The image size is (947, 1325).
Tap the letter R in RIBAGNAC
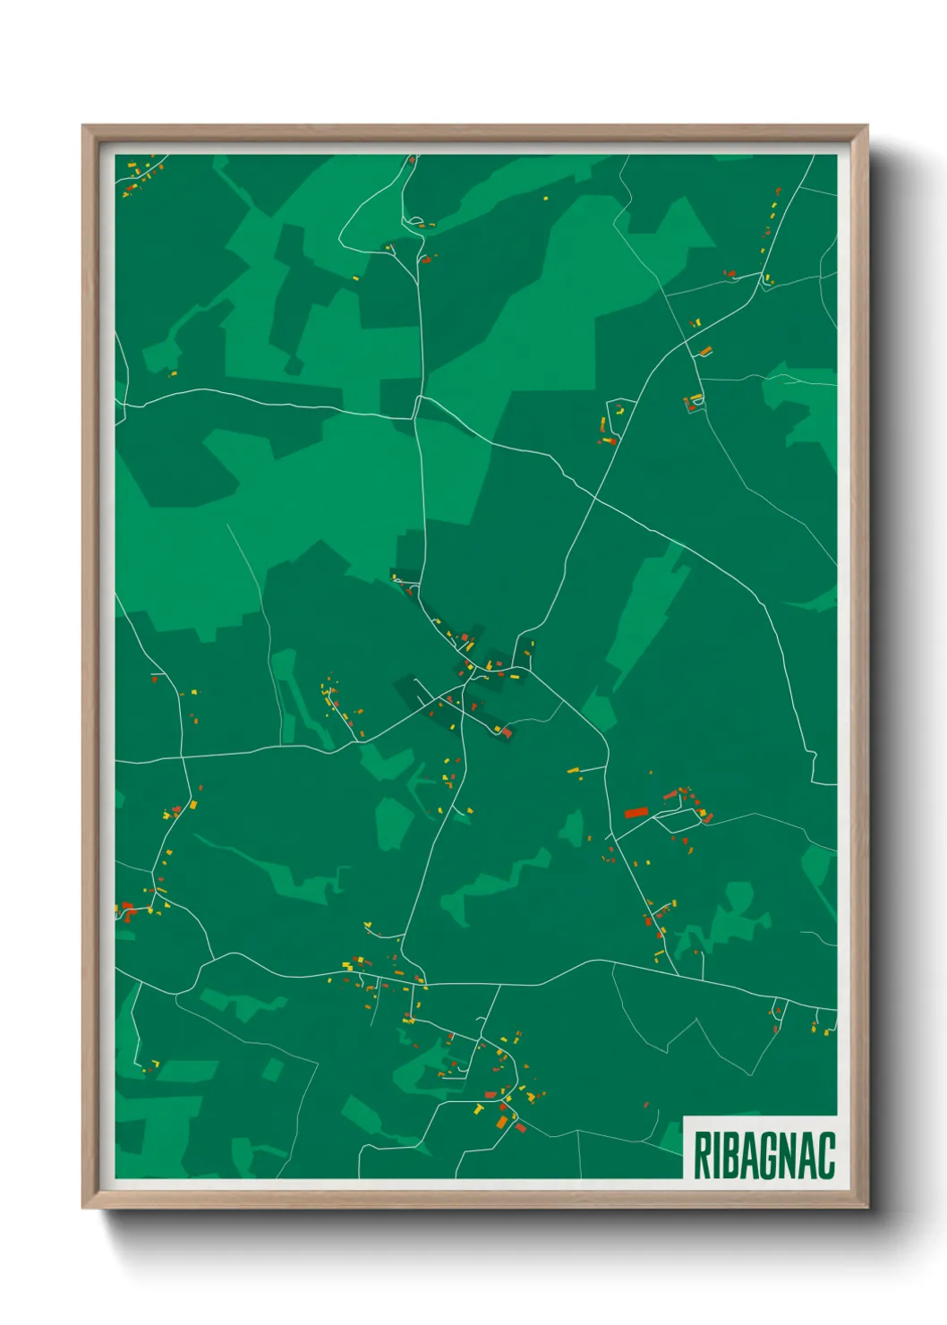702,1156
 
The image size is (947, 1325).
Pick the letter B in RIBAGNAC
734,1156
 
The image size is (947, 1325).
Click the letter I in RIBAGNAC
717,1156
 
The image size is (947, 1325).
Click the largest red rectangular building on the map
636,812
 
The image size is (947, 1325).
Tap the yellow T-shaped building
478,1109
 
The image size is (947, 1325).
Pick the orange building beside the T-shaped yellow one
502,1120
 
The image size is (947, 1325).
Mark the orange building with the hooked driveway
705,350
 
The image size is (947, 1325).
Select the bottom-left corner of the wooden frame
83,1207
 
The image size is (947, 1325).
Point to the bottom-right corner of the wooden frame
867,1207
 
